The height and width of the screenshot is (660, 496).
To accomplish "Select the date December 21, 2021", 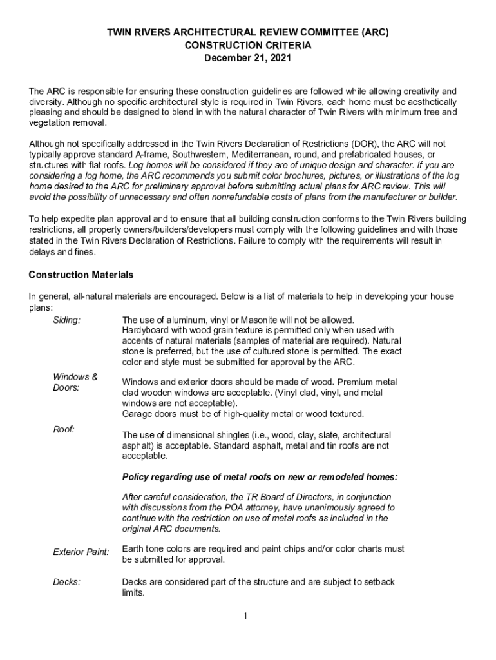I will pyautogui.click(x=248, y=59).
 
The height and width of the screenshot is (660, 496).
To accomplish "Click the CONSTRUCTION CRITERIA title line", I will pyautogui.click(x=248, y=45).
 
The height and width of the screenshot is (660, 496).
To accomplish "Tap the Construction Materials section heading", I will pyautogui.click(x=81, y=275).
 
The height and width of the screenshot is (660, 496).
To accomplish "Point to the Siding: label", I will pyautogui.click(x=67, y=320).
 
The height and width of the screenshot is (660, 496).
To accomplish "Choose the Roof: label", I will pyautogui.click(x=64, y=429).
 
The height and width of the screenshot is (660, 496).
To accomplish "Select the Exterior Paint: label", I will pyautogui.click(x=81, y=552).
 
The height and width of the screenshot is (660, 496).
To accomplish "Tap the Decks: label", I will pyautogui.click(x=67, y=582).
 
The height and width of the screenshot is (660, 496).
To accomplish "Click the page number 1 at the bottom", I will pyautogui.click(x=247, y=617).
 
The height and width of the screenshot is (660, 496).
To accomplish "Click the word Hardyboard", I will pyautogui.click(x=148, y=331).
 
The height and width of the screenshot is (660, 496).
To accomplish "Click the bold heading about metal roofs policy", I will pyautogui.click(x=260, y=478).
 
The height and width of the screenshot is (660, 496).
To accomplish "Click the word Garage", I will pyautogui.click(x=137, y=414).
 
